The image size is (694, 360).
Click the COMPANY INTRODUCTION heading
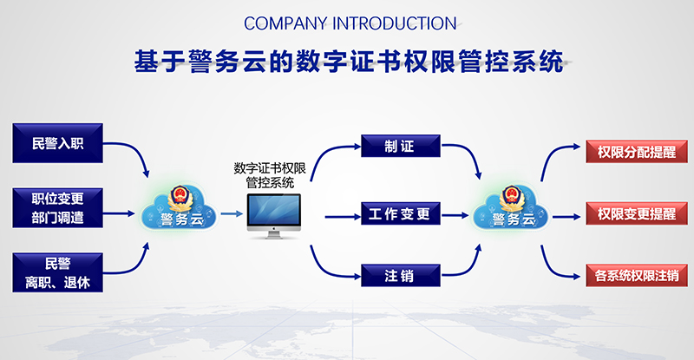[x=350, y=23]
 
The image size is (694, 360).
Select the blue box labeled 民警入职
[x=57, y=143]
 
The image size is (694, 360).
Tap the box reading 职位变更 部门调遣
[x=57, y=207]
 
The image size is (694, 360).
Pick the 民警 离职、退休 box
[x=57, y=272]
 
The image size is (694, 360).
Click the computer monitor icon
[x=273, y=216]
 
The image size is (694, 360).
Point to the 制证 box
[x=401, y=146]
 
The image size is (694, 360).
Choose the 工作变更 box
[x=401, y=213]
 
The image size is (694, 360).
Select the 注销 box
[x=401, y=276]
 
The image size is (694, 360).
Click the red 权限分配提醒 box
[x=637, y=152]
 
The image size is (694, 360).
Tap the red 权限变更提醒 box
[x=637, y=213]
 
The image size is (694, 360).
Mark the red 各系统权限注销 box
[x=637, y=275]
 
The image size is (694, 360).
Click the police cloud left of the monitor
[x=180, y=207]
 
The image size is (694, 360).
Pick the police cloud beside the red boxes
[x=511, y=207]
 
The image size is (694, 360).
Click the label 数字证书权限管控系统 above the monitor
[x=270, y=175]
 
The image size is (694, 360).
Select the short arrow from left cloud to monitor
[x=232, y=214]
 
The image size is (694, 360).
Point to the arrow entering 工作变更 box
[x=343, y=217]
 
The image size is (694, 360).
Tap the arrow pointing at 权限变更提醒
[x=566, y=217]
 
